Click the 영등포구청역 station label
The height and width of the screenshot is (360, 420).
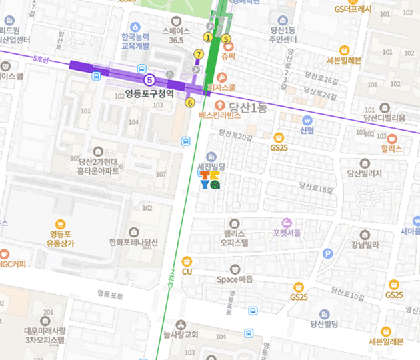click(x=149, y=94)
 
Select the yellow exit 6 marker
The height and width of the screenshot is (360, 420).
click(x=190, y=103)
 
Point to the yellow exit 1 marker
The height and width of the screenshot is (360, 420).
click(x=208, y=37)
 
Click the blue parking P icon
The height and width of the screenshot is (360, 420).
click(x=327, y=253)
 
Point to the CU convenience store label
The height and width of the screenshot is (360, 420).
click(x=187, y=271)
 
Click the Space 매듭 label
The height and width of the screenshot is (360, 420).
click(x=235, y=279)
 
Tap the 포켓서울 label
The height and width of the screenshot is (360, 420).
click(x=287, y=233)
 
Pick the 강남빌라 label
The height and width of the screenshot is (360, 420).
click(x=365, y=245)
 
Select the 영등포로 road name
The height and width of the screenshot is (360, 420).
click(x=111, y=293)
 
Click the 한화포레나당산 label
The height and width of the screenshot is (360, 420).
click(x=134, y=243)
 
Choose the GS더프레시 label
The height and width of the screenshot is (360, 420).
click(x=353, y=9)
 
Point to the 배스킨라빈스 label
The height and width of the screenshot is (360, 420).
click(x=219, y=115)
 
